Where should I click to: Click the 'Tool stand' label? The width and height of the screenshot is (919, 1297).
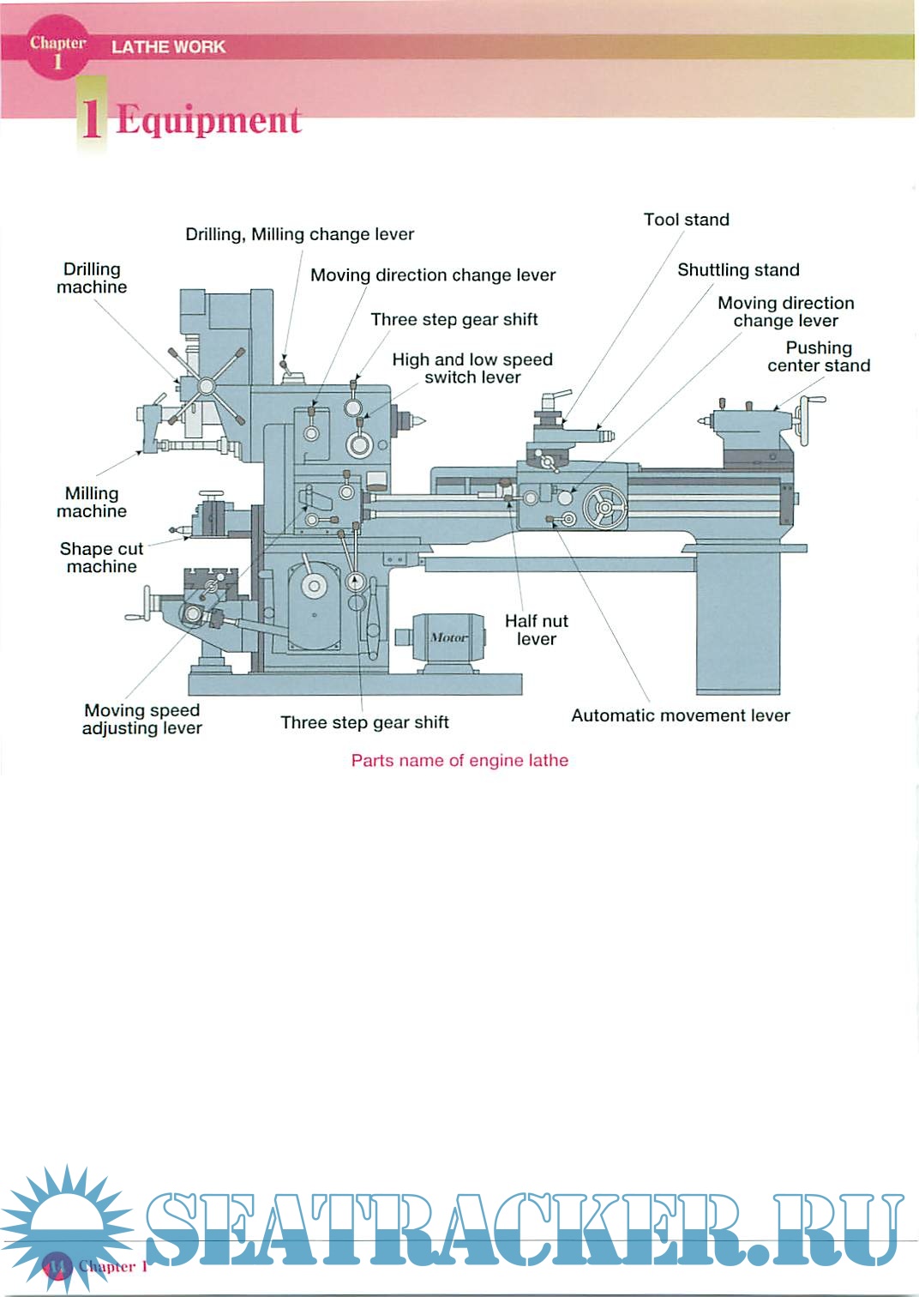point(686,220)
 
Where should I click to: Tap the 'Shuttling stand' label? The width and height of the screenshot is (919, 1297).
point(738,270)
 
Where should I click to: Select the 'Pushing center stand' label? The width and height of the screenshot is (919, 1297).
point(819,357)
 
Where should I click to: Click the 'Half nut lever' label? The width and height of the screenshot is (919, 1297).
point(536,630)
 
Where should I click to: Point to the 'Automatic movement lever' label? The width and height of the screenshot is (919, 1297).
point(680,715)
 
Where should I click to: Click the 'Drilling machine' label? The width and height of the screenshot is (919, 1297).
point(92,278)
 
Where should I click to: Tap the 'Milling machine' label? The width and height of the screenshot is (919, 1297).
point(92,502)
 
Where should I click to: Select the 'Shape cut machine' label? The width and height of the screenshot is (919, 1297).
point(101,558)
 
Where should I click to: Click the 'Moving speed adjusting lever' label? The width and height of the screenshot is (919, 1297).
point(141,719)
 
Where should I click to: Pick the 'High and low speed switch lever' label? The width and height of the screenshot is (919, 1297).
point(472,368)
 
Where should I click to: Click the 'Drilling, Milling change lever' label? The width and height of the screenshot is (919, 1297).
point(299,234)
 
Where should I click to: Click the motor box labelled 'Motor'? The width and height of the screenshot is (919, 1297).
point(448,637)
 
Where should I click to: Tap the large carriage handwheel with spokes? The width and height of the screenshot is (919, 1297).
point(605,508)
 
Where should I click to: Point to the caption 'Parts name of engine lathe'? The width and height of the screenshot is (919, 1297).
point(459,760)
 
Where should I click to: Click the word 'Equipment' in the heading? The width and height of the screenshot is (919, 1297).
point(208,119)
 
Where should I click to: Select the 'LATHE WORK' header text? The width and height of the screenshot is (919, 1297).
point(168,47)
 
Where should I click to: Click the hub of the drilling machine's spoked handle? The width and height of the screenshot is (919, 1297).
point(206,387)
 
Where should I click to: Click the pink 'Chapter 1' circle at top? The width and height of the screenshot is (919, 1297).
point(57,50)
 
